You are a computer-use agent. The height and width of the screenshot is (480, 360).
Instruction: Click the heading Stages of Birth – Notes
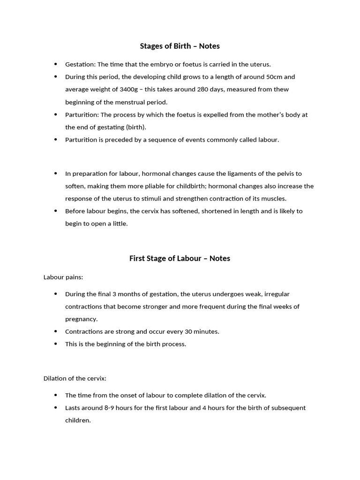coord(180,46)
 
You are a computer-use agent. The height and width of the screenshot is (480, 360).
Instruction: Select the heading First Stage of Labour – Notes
coord(180,258)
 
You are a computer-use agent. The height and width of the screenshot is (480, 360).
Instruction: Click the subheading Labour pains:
coord(63,277)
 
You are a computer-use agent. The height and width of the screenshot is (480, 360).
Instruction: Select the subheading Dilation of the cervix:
coord(75,378)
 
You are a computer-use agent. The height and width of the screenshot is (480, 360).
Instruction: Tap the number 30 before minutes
coord(189,331)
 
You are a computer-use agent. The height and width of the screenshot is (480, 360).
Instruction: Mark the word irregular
coord(277,294)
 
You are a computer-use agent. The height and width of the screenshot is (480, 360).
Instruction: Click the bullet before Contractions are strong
coord(56,331)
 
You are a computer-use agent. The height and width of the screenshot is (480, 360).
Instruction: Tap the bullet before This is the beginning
coord(56,344)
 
